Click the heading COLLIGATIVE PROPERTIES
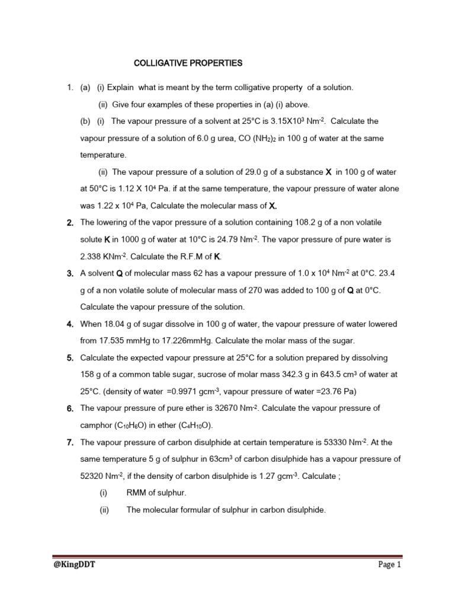(187, 63)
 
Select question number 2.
(69, 223)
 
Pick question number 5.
(69, 357)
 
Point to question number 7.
(69, 442)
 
